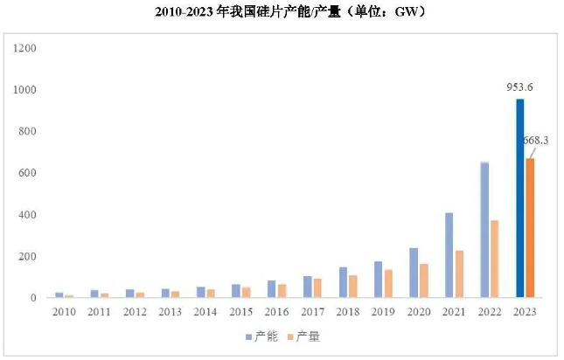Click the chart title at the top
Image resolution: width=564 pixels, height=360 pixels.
tap(282, 12)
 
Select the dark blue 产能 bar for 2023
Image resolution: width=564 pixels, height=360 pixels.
tap(520, 199)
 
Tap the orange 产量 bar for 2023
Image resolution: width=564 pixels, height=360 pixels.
tap(530, 228)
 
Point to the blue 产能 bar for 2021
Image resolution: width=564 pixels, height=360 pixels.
tap(449, 255)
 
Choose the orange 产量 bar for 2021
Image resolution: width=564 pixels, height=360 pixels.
tap(459, 274)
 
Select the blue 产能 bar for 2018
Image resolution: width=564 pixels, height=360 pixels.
tap(343, 282)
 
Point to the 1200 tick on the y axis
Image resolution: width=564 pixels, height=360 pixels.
tap(24, 48)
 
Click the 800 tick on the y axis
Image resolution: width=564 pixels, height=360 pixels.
tap(27, 131)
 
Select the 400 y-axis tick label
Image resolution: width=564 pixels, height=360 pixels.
tap(27, 215)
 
